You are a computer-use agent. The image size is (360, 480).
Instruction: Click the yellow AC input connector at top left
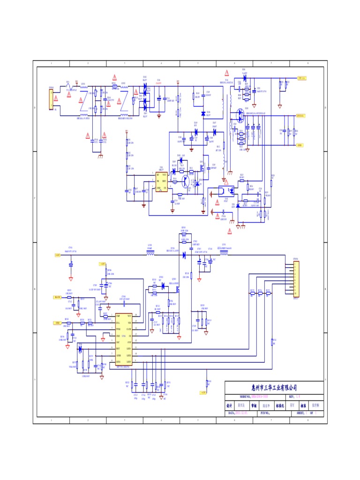tap(51, 99)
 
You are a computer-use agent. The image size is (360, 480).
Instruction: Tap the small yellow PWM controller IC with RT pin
tap(161, 181)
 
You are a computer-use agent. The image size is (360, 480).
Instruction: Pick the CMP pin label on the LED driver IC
tap(118, 317)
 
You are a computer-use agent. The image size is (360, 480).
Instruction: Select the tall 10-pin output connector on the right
tap(295, 278)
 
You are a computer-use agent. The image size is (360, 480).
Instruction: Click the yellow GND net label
tap(300, 145)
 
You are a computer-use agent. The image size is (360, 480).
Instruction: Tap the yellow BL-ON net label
tap(58, 297)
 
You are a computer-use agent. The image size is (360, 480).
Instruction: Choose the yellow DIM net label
tap(58, 323)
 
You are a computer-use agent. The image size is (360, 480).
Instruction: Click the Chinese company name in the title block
tap(274, 388)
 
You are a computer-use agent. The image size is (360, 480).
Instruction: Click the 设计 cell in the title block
tap(229, 405)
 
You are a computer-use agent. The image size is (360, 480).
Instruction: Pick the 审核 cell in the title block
tap(254, 405)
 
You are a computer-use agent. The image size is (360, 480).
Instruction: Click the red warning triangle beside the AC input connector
tap(56, 98)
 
